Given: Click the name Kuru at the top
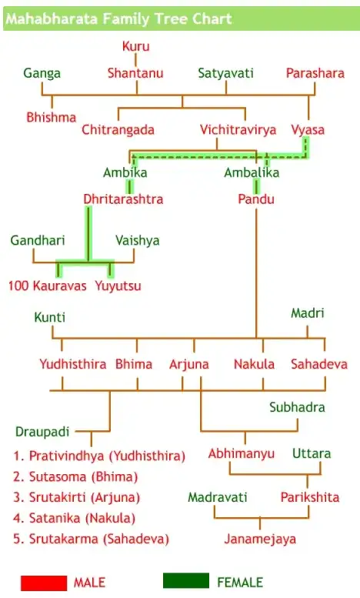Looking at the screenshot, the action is pos(135,46).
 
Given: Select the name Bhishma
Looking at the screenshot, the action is pos(51,117).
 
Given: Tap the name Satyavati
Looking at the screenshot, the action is pos(225,73).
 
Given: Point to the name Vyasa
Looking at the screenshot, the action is pos(308,129).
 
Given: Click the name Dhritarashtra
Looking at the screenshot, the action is pos(123,199).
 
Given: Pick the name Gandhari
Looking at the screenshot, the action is pos(38,240).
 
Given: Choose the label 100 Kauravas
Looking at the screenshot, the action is pos(47,286).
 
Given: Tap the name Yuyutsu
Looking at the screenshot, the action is pos(118,286).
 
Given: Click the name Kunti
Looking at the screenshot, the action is pos(49,317).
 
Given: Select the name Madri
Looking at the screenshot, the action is pos(308,313).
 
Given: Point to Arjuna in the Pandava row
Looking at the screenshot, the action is pos(189,364).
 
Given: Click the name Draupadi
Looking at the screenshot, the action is pos(42,432).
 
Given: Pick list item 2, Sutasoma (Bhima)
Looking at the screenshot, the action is pos(75,476).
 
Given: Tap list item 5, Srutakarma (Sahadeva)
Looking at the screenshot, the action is pos(91,539).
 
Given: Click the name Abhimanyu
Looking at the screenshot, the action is pos(242,453).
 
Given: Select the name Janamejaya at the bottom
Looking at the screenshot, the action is pos(260,539).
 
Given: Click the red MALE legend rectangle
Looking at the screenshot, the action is pos(44,583).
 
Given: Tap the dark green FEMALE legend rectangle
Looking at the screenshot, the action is pos(186,581).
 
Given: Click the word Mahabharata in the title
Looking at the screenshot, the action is pos(52,18).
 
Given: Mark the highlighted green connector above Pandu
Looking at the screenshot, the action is pos(257,186).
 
